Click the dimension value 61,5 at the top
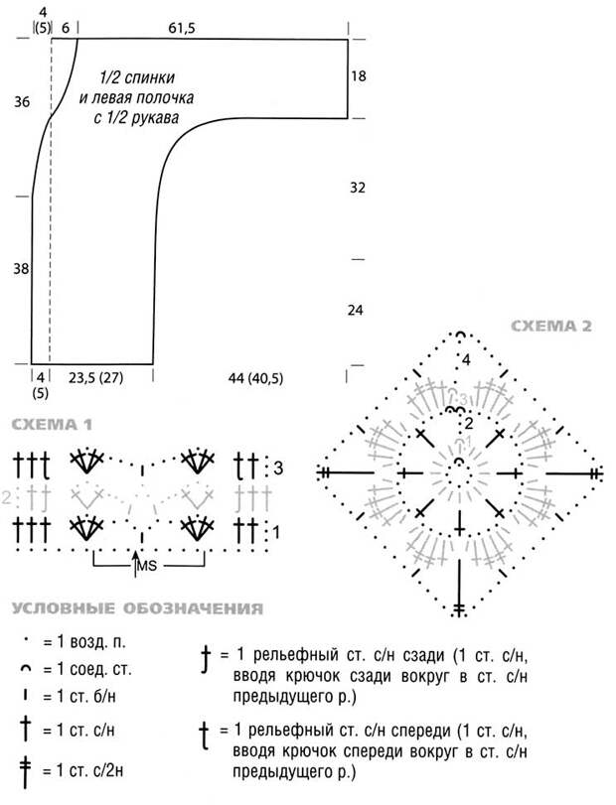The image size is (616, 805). [x=182, y=28]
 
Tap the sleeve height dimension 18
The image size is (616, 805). [x=358, y=76]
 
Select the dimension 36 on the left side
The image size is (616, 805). [x=22, y=102]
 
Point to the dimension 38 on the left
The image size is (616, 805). [x=21, y=269]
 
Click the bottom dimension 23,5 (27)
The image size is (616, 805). [x=96, y=378]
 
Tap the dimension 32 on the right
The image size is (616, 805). [x=358, y=188]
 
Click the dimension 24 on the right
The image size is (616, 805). [x=356, y=310]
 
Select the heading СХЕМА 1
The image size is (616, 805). [x=52, y=425]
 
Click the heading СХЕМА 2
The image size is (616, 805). [x=551, y=326]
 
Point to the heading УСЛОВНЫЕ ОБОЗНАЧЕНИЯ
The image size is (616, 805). [x=137, y=608]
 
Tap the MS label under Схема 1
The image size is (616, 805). [x=146, y=566]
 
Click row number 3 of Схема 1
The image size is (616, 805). [x=278, y=469]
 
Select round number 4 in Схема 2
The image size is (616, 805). [x=466, y=360]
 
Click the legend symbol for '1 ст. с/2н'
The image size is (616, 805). [x=25, y=771]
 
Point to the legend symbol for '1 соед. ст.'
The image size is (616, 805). [x=25, y=668]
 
